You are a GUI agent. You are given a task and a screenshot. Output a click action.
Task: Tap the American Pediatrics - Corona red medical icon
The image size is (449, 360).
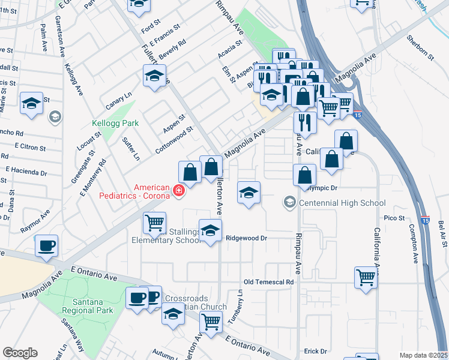click(x=178, y=191)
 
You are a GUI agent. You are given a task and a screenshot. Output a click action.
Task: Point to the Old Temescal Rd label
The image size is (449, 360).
click(x=268, y=281)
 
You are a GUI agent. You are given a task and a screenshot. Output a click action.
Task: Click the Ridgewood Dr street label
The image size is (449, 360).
click(x=246, y=238)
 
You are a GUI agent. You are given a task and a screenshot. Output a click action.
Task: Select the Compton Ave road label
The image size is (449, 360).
click(x=414, y=244)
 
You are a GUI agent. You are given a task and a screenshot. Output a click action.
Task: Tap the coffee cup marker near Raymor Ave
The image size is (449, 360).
click(x=46, y=246)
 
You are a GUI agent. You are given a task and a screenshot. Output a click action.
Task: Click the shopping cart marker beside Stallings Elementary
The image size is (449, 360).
click(x=154, y=224)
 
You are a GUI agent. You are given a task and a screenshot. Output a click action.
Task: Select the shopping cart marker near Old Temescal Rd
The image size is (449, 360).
click(x=366, y=278)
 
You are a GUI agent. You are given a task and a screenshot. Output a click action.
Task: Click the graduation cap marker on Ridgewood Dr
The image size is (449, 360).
click(x=209, y=231)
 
